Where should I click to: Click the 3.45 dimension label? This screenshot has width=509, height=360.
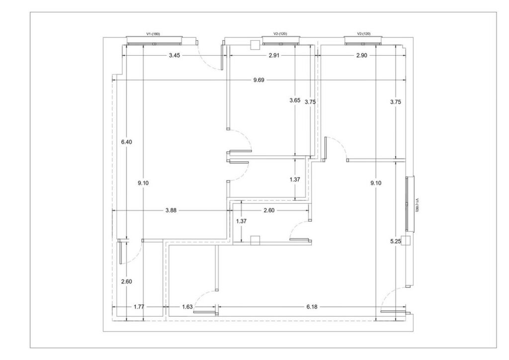click(174, 55)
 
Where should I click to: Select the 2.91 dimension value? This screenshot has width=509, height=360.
click(274, 55)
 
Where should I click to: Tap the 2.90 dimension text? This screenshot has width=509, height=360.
click(362, 55)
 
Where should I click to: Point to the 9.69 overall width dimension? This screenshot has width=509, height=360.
click(258, 80)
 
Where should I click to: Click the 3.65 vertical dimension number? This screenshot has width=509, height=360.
click(295, 100)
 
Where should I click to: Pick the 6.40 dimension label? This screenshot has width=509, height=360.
click(127, 142)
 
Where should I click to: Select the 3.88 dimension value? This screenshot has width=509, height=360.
click(171, 210)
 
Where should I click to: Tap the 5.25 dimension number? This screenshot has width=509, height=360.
click(395, 241)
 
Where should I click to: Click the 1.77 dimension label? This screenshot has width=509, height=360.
click(139, 306)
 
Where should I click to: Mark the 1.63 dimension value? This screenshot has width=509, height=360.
click(187, 306)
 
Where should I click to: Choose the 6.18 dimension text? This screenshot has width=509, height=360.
click(312, 306)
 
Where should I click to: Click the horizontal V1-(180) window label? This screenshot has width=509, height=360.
click(153, 34)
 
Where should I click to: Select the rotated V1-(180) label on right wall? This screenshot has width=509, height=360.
click(418, 205)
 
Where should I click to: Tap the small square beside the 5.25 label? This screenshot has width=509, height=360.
click(406, 241)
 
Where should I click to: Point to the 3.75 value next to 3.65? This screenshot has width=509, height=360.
click(310, 102)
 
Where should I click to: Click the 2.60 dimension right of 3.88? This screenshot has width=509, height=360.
click(269, 210)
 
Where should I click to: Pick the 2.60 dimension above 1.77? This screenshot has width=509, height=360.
click(127, 282)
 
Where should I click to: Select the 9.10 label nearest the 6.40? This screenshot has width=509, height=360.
click(143, 183)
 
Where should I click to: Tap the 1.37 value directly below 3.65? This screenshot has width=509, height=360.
click(295, 179)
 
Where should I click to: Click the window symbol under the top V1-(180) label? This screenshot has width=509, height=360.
click(154, 41)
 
